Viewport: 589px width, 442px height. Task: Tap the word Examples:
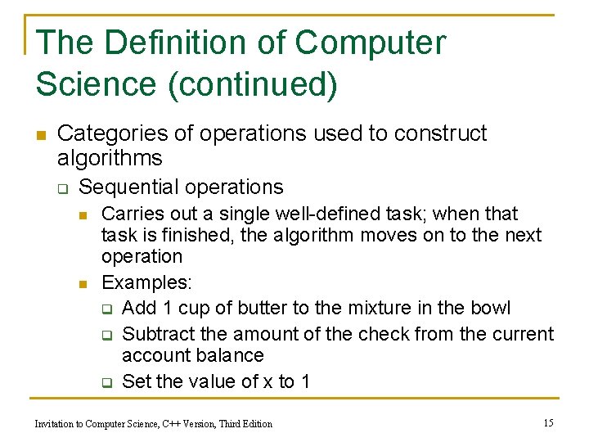(x=146, y=283)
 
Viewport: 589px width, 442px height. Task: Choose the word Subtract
(x=156, y=334)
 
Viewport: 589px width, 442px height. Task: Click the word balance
(x=230, y=355)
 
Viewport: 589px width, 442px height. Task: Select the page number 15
(x=548, y=422)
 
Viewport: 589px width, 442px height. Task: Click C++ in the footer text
(x=171, y=423)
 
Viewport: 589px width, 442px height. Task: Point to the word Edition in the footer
(x=254, y=423)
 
